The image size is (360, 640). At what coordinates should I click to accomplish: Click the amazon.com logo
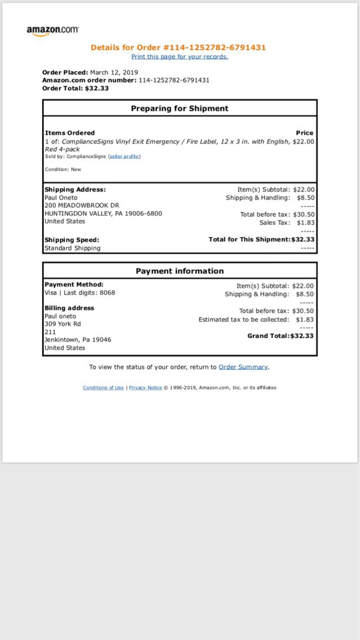point(52,30)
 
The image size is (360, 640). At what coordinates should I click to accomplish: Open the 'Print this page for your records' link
point(180,57)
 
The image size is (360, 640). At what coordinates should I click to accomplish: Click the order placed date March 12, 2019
point(114,73)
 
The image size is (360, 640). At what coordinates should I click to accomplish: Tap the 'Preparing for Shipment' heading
point(180,109)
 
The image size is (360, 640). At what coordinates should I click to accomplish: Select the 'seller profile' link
point(125,157)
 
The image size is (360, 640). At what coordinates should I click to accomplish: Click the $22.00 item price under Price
point(304,142)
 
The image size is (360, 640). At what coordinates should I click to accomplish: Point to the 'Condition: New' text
point(63,170)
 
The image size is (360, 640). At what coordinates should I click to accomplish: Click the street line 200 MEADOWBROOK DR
point(82,206)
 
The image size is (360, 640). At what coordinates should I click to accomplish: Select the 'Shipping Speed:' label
point(72,240)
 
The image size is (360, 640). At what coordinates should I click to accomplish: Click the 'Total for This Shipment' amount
point(303,239)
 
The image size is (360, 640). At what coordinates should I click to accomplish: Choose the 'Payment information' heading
point(180,271)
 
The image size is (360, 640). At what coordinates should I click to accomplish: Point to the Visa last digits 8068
point(107,293)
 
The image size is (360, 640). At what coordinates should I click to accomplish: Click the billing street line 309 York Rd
point(63,324)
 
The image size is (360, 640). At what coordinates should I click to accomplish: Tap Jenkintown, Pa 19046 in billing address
point(78,340)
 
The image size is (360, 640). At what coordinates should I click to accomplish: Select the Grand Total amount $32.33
point(302,336)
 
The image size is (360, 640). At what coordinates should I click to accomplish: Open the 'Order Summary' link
point(243,367)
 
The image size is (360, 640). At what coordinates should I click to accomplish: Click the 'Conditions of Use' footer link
point(103,388)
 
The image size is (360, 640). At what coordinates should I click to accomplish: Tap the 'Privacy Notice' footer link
point(145,388)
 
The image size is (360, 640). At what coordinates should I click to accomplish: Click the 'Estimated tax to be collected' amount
point(305,320)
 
